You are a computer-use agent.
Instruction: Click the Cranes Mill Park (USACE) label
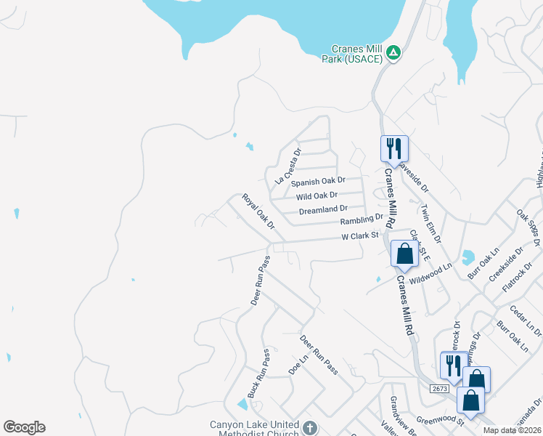pos(351,53)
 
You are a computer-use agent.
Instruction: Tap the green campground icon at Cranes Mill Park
pos(393,52)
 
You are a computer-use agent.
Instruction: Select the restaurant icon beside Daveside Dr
pos(394,148)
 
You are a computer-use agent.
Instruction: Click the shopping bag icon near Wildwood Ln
pos(404,254)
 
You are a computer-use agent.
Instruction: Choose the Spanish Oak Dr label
pos(318,180)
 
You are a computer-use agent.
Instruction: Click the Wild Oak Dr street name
pos(317,195)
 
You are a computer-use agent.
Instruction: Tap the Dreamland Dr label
pos(323,211)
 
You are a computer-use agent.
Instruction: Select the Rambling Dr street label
pos(361,219)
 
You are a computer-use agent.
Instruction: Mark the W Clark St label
pos(361,235)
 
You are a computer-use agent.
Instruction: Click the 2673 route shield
pos(438,389)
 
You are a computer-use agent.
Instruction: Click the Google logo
pos(24,427)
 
